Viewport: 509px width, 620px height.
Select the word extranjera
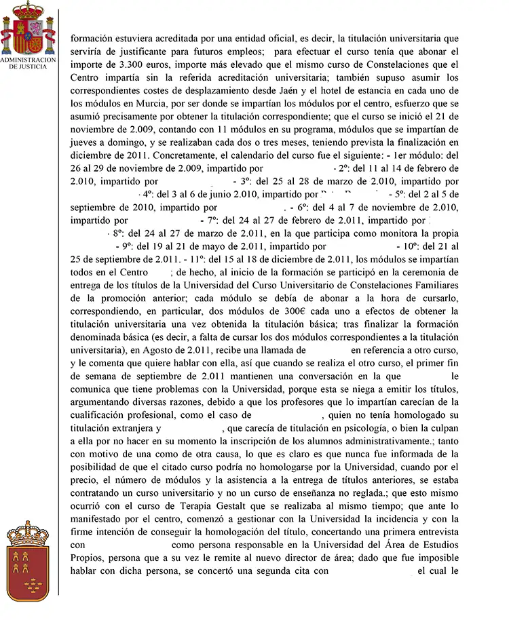pos(129,427)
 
